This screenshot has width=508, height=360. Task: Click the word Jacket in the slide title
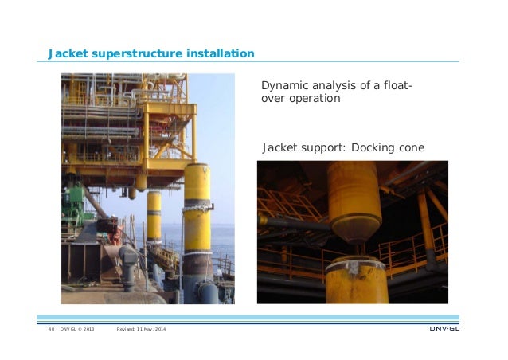68,54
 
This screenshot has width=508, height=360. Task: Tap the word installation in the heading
220,54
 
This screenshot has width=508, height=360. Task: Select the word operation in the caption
315,100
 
